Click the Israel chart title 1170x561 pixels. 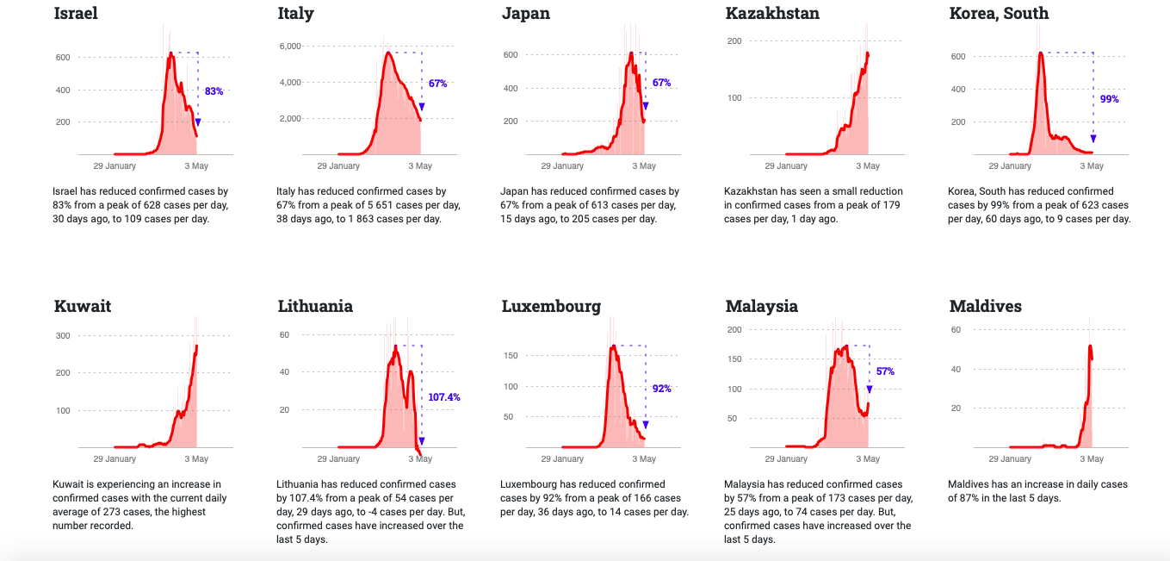point(76,14)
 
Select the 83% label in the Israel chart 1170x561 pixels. point(214,90)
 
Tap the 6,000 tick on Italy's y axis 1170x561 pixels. point(290,46)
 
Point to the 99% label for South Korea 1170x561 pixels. point(1109,99)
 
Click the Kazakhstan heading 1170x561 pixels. point(772,14)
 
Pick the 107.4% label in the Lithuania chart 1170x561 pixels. point(443,397)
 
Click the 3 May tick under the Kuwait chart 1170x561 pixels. point(196,459)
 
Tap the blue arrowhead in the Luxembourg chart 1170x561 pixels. point(646,424)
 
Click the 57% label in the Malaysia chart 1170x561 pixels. point(885,371)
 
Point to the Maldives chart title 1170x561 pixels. point(985,307)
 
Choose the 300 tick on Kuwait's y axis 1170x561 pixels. point(63,335)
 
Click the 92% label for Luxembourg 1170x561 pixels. point(661,389)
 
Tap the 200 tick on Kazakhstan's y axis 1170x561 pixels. point(734,41)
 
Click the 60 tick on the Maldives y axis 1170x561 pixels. point(956,329)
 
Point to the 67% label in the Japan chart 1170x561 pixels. point(661,83)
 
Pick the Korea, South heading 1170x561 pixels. point(999,14)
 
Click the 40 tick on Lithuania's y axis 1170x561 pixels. point(284,371)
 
